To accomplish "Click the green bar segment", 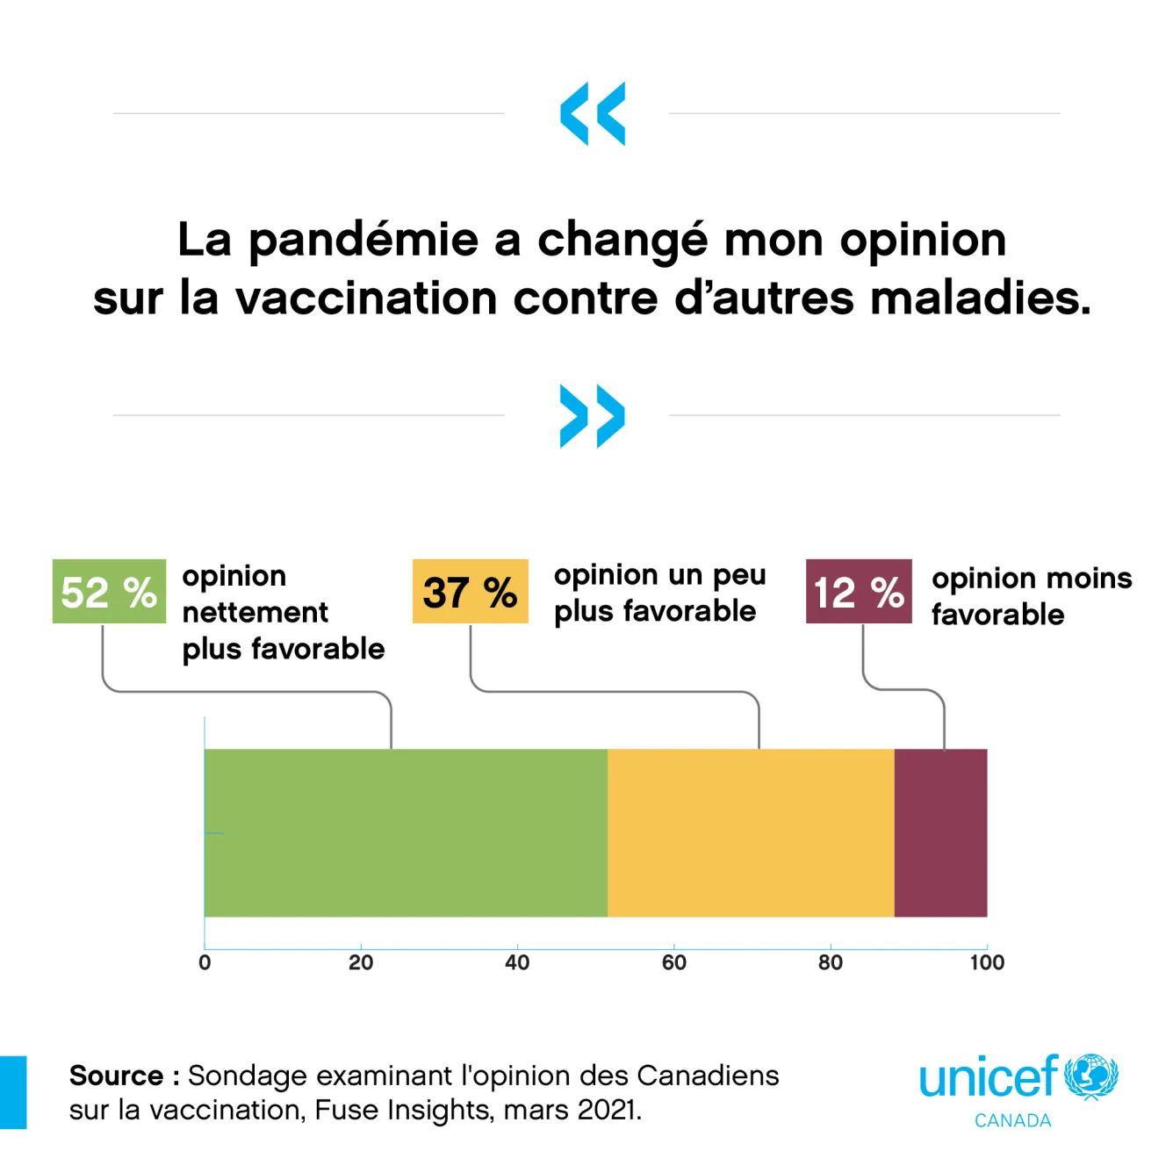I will point(406,832).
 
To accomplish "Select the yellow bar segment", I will point(751,832).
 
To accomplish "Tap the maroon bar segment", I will point(940,832).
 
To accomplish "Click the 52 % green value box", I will point(109,592).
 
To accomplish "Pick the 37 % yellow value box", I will point(471,592).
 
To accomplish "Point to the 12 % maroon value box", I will point(859,592).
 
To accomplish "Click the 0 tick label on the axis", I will point(205,963).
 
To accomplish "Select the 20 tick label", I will point(361,963).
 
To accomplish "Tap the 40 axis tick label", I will point(517,963).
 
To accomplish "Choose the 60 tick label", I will point(674,963).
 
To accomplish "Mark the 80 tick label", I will point(831,963).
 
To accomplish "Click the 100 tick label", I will point(987,963).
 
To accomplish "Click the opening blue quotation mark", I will point(593,113).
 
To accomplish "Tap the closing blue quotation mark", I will point(593,416).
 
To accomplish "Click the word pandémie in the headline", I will point(363,241).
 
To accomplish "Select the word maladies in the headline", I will point(981,298).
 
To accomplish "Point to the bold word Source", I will point(116,1076).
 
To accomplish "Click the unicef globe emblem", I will point(1091,1076).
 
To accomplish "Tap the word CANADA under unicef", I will point(1012,1121).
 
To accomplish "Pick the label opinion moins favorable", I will point(1032,596).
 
